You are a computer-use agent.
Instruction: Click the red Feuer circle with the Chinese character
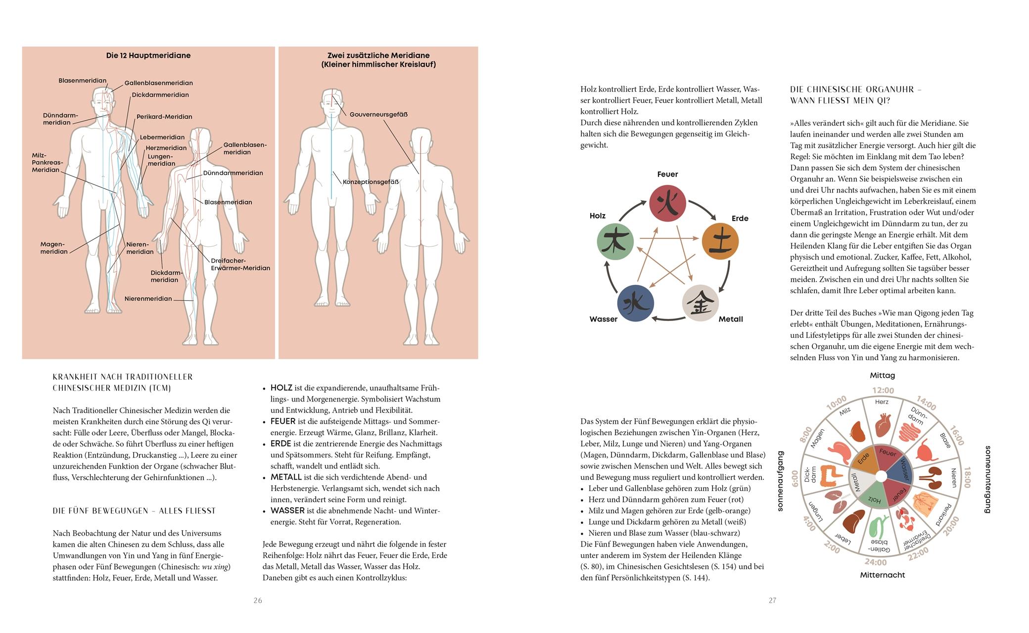pyautogui.click(x=667, y=203)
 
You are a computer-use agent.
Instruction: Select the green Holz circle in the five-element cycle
pyautogui.click(x=615, y=242)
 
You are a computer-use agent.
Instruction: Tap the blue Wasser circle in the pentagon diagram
pyautogui.click(x=636, y=303)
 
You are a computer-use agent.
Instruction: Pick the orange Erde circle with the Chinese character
pyautogui.click(x=720, y=242)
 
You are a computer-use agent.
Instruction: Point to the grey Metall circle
pyautogui.click(x=701, y=303)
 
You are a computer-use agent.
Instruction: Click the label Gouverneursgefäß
pyautogui.click(x=378, y=114)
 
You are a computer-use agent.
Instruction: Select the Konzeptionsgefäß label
pyautogui.click(x=371, y=181)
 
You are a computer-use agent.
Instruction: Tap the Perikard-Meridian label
pyautogui.click(x=164, y=117)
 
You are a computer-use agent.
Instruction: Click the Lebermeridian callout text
pyautogui.click(x=162, y=137)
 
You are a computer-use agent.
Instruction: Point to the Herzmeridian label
pyautogui.click(x=166, y=148)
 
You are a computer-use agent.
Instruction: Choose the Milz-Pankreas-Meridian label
pyautogui.click(x=46, y=163)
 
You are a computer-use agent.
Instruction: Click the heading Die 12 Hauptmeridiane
pyautogui.click(x=148, y=55)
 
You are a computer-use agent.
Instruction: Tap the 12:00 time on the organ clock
pyautogui.click(x=883, y=391)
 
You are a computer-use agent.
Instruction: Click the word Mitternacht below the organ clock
pyautogui.click(x=883, y=575)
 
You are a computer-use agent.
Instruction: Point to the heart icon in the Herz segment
pyautogui.click(x=882, y=424)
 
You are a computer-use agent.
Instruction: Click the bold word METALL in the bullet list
pyautogui.click(x=286, y=477)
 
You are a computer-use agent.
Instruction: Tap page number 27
pyautogui.click(x=772, y=600)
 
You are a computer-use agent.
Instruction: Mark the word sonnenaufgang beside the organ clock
pyautogui.click(x=781, y=481)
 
